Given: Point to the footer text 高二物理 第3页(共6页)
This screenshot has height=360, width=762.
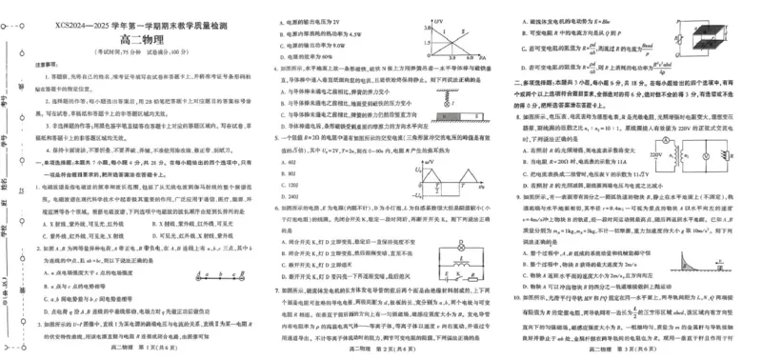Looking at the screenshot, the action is [633, 351].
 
